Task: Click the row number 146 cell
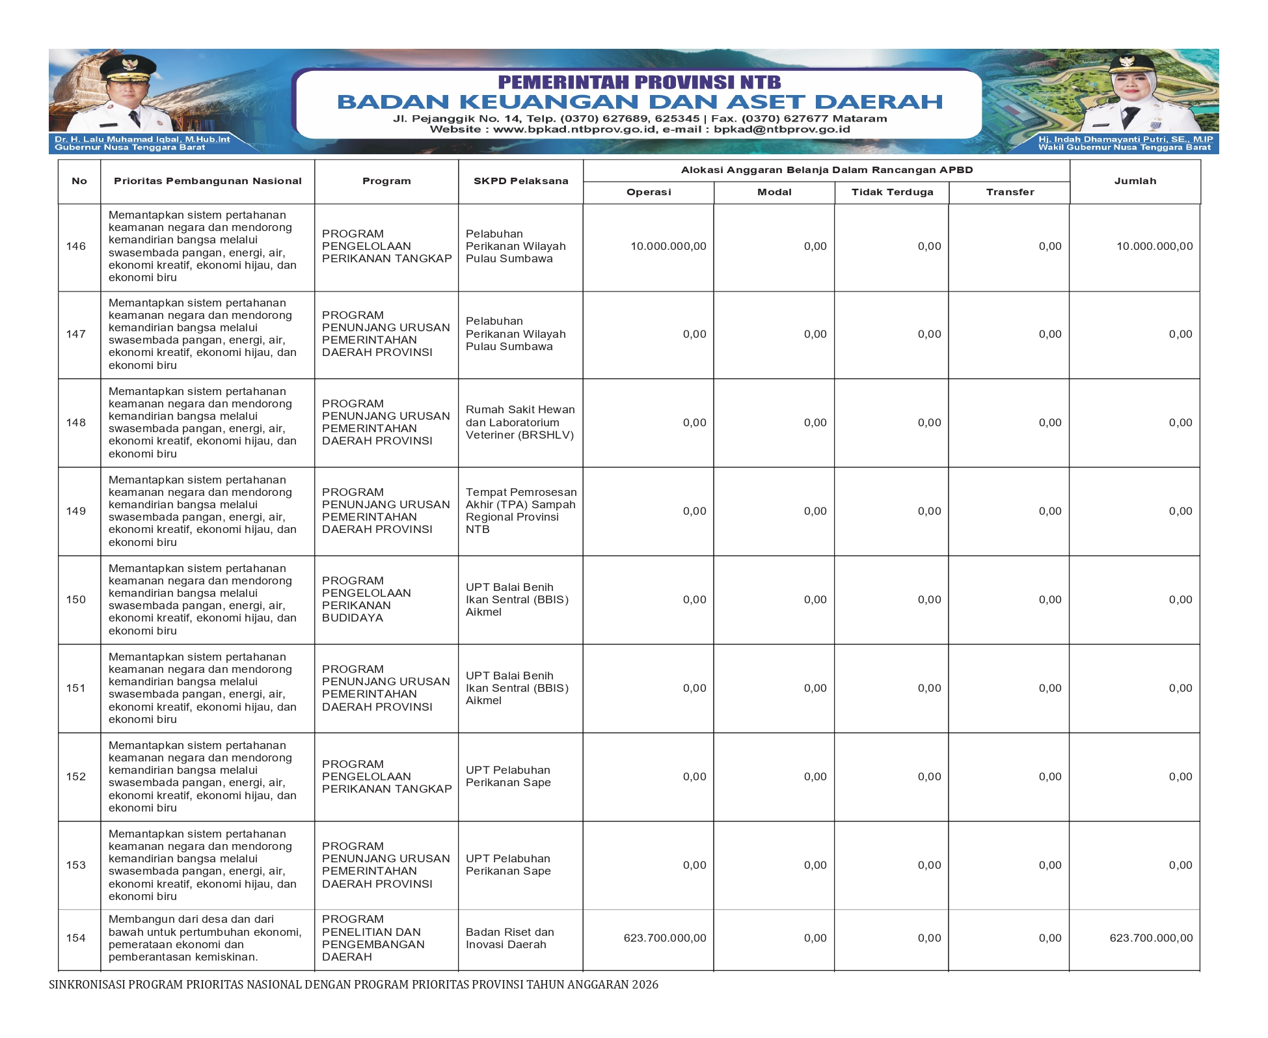(x=76, y=247)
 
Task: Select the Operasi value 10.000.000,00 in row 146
(x=668, y=247)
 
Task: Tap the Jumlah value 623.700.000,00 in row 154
(x=1151, y=938)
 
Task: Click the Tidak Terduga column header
(x=892, y=192)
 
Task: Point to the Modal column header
(x=774, y=192)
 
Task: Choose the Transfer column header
(x=1010, y=192)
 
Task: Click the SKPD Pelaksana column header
(x=520, y=181)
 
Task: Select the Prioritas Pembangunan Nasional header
(x=208, y=181)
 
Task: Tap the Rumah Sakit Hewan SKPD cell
(x=520, y=422)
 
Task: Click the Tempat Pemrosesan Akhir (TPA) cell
(x=520, y=511)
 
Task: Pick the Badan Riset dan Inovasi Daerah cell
(x=510, y=938)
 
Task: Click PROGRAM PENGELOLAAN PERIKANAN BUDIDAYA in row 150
(x=366, y=599)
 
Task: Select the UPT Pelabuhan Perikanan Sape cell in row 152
(x=508, y=776)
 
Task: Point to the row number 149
(x=76, y=511)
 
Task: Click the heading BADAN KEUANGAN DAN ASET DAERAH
(x=640, y=102)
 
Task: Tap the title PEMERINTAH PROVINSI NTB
(x=640, y=82)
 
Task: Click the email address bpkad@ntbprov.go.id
(x=781, y=130)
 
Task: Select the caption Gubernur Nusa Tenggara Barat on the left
(x=129, y=148)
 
